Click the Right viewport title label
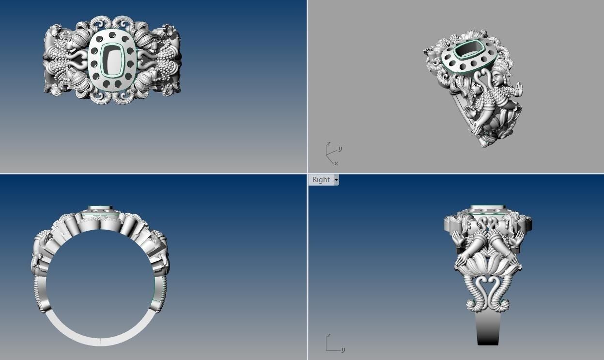pyautogui.click(x=321, y=180)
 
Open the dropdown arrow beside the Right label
pyautogui.click(x=336, y=180)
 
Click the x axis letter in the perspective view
pyautogui.click(x=336, y=163)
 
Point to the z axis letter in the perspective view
pyautogui.click(x=328, y=144)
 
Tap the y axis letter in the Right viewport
pyautogui.click(x=343, y=349)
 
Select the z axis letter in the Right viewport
pyautogui.click(x=328, y=335)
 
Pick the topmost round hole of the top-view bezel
pyautogui.click(x=112, y=35)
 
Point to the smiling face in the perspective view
pyautogui.click(x=498, y=78)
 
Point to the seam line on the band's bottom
pyautogui.click(x=100, y=342)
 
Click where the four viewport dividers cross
pyautogui.click(x=307, y=173)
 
